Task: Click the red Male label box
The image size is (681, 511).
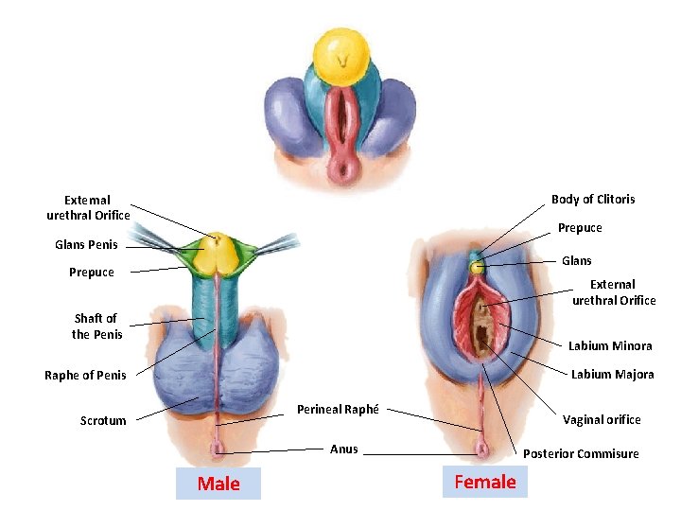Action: [x=218, y=484]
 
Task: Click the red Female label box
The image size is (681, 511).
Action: [x=485, y=482]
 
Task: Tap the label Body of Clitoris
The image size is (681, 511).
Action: [x=593, y=199]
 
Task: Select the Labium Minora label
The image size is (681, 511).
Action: [x=610, y=346]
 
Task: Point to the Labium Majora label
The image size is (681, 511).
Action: [x=612, y=375]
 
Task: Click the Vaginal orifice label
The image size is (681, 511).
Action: [x=602, y=420]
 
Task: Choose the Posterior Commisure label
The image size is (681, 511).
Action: [x=581, y=454]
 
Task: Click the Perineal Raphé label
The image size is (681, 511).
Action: [x=338, y=410]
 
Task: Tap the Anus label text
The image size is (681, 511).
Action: [x=344, y=449]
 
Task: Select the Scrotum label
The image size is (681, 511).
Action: [x=103, y=421]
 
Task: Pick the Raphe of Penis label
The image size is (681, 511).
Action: [x=85, y=376]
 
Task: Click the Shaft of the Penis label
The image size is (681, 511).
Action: [x=97, y=326]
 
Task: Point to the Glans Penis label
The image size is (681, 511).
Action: [x=87, y=245]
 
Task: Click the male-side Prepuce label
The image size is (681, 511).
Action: [x=92, y=273]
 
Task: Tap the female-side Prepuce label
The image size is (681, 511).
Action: [x=580, y=228]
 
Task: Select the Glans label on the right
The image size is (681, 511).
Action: [x=577, y=261]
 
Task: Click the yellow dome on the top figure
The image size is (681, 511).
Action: [x=341, y=54]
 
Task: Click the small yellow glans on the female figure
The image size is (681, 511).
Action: [x=478, y=268]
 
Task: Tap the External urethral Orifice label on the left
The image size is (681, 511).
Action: [x=88, y=208]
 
